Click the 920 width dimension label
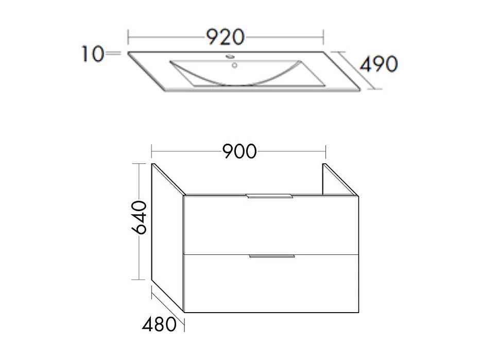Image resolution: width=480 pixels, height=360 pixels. click(x=225, y=37)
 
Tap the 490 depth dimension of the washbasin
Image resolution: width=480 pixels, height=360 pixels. click(x=379, y=64)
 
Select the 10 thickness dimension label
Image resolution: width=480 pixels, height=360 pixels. click(x=92, y=54)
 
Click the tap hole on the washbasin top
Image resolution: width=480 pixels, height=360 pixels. click(x=229, y=56)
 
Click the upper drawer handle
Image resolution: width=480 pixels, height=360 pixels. click(x=270, y=196)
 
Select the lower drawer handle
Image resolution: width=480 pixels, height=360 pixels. click(x=271, y=256)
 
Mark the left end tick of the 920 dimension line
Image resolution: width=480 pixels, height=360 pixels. click(x=128, y=38)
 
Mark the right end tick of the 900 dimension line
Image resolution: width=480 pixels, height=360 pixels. click(x=325, y=151)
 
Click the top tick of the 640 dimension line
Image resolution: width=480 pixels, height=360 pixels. click(x=140, y=164)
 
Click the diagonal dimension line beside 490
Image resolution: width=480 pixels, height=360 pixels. click(x=356, y=71)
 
